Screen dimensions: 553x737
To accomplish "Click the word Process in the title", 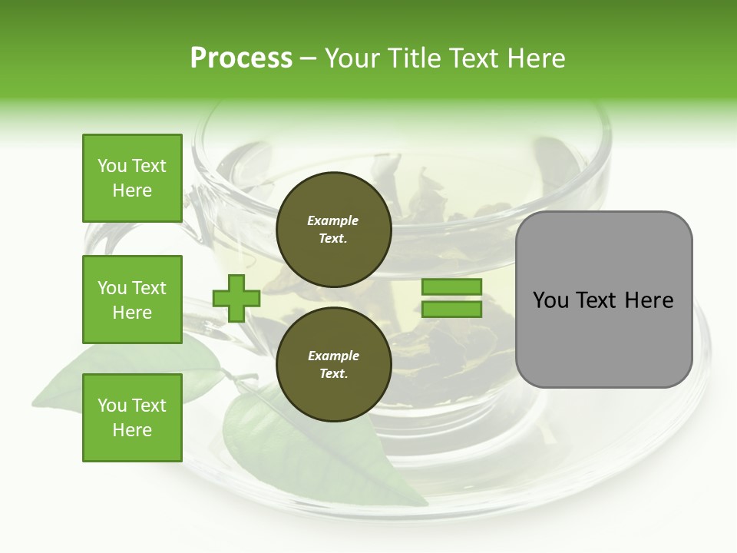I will click(241, 58).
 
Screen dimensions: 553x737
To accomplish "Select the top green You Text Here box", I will click(132, 178).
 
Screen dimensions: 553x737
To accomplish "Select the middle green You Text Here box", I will click(132, 300).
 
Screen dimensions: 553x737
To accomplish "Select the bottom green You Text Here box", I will click(132, 418).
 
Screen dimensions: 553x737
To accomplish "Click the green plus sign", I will click(236, 298).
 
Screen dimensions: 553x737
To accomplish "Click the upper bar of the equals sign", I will click(451, 286).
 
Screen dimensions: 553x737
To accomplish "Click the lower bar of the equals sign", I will click(451, 310).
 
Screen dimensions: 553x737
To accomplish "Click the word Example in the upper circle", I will click(333, 220).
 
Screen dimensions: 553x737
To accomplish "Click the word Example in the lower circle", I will click(333, 356).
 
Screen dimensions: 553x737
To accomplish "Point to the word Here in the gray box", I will click(649, 300).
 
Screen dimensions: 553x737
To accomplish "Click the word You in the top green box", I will click(112, 166).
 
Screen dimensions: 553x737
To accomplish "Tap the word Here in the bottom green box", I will click(132, 430).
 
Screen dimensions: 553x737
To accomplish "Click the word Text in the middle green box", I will click(150, 288).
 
